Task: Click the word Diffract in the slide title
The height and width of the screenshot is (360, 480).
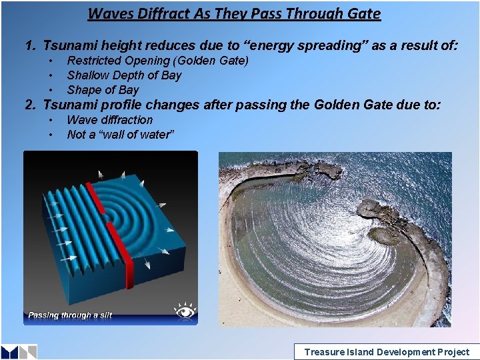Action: [x=157, y=13]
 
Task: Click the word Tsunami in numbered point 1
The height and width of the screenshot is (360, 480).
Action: [x=68, y=45]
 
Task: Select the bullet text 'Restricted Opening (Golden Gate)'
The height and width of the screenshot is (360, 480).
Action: [x=158, y=61]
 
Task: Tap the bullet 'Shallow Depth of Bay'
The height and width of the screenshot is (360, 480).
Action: [x=124, y=75]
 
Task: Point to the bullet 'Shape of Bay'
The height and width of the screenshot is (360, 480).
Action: [x=103, y=90]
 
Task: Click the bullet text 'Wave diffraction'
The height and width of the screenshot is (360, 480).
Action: [x=110, y=120]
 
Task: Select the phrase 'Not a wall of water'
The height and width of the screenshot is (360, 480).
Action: [x=121, y=135]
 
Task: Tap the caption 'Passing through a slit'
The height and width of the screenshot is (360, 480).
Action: [x=70, y=315]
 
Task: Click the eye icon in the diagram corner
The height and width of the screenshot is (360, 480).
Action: [x=185, y=311]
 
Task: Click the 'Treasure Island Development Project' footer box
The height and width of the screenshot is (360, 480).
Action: [x=386, y=352]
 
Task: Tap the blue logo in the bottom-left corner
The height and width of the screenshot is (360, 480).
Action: [x=19, y=352]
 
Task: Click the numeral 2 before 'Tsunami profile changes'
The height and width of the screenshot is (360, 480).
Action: [x=29, y=105]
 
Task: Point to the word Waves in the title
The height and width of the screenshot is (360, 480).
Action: [x=109, y=13]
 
